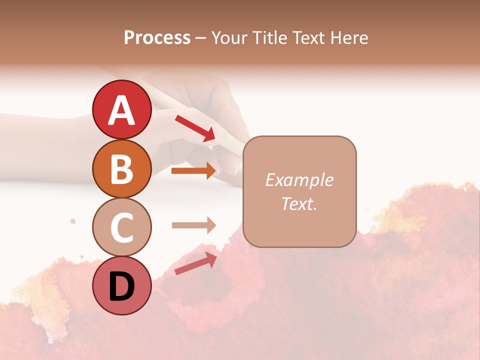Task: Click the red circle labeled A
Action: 122,110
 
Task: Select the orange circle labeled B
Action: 122,168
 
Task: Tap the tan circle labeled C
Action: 122,227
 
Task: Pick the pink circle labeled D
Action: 122,285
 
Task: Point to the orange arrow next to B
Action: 193,171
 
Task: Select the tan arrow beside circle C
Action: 193,225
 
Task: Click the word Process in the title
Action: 157,37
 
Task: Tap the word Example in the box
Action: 299,180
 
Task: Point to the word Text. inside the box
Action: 299,203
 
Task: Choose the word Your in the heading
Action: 230,37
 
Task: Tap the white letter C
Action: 122,227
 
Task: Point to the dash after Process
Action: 201,38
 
